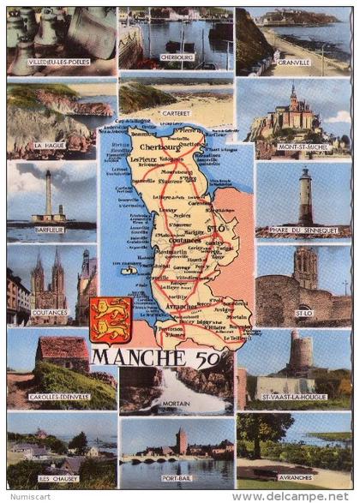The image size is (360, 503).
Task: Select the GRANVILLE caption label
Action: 294,63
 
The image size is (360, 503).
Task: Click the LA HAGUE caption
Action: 49,146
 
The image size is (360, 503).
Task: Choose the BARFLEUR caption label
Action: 49,230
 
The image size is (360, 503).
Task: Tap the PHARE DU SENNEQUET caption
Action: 303,230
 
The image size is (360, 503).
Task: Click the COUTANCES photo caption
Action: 49,314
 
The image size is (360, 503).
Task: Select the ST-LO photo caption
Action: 303,314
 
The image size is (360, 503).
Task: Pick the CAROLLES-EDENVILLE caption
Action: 58,397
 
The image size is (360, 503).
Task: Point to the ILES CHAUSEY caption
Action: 58,478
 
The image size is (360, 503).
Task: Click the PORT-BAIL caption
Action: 177,478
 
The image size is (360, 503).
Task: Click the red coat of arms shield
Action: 111,320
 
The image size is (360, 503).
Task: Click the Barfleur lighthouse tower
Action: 48,194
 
